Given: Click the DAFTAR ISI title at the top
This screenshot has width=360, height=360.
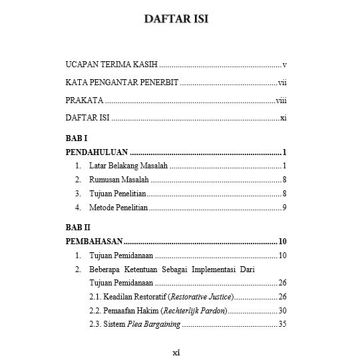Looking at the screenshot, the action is (x=176, y=19).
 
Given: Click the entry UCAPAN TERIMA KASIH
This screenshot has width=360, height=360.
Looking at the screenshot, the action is (x=111, y=65).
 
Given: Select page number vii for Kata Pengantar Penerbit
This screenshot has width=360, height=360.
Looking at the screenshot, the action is (x=282, y=83).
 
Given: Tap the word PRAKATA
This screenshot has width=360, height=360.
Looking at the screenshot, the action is (x=84, y=100).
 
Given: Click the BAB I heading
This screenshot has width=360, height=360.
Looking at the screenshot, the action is (x=77, y=138).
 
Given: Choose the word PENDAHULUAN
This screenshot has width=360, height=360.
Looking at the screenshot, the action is (x=96, y=152).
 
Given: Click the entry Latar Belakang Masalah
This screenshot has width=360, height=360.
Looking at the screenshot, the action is (x=128, y=166).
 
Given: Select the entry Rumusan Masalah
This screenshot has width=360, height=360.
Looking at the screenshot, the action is (x=118, y=180).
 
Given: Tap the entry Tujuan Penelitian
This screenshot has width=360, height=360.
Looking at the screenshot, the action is (x=117, y=194).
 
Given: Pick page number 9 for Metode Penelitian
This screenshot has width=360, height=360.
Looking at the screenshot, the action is (x=284, y=208).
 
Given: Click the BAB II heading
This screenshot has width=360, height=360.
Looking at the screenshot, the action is (x=78, y=227).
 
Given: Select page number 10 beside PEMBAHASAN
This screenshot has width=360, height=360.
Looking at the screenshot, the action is (x=282, y=242).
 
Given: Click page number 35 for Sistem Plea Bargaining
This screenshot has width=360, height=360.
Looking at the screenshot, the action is (x=282, y=325).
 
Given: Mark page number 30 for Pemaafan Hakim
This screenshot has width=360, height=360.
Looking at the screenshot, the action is (x=282, y=311).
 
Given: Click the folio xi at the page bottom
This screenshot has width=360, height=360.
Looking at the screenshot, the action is (x=176, y=353).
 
